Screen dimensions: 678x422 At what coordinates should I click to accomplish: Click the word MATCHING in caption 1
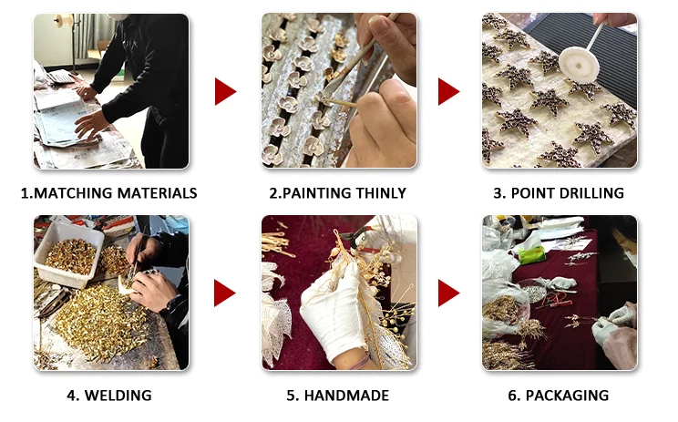[x=74, y=193]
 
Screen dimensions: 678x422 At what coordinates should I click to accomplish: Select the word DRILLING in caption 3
[x=589, y=193]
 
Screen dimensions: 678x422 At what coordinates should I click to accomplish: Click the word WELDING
[x=118, y=396]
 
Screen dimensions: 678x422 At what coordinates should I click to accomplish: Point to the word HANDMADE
[x=346, y=396]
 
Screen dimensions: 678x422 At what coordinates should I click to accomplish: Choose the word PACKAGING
[x=567, y=396]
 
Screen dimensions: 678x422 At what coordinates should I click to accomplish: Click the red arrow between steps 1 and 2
[x=225, y=91]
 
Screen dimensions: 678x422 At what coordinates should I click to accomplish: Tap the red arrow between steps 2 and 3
[x=449, y=91]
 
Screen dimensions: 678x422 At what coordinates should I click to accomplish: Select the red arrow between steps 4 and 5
[x=225, y=293]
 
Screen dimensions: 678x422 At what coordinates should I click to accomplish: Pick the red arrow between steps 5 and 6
[x=449, y=293]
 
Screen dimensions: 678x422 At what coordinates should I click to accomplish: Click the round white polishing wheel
[x=579, y=64]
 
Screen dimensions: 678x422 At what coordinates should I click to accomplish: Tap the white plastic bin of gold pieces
[x=68, y=254]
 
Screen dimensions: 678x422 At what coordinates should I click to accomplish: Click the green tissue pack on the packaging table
[x=532, y=255]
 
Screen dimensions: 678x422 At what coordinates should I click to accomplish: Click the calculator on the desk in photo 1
[x=60, y=77]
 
